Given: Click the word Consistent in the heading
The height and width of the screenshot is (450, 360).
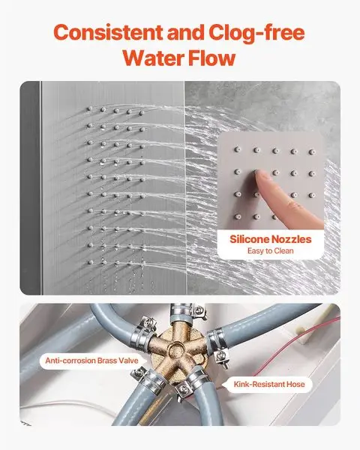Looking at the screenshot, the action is [x=108, y=33].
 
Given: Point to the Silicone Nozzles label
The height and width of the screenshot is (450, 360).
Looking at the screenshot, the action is [x=271, y=239].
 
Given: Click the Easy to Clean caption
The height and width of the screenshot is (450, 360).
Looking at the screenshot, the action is [x=271, y=251].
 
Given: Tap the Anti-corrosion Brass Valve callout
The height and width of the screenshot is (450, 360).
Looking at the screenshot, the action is [x=91, y=361].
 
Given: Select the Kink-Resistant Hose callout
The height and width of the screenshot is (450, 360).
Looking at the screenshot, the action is [x=269, y=384].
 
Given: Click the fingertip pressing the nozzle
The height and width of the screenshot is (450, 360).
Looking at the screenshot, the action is [x=259, y=175].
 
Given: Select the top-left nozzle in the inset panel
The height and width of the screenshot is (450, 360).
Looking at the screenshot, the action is [x=237, y=149].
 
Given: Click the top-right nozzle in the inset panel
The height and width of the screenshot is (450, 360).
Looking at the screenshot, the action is [x=312, y=151].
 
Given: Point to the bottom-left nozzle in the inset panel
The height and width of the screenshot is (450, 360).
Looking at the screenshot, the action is [x=237, y=217].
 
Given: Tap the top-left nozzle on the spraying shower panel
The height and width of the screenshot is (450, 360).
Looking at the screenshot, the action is [x=90, y=109].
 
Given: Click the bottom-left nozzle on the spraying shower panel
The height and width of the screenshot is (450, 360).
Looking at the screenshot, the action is [x=91, y=262].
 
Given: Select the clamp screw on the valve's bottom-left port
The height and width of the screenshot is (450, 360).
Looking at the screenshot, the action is [x=139, y=373].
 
